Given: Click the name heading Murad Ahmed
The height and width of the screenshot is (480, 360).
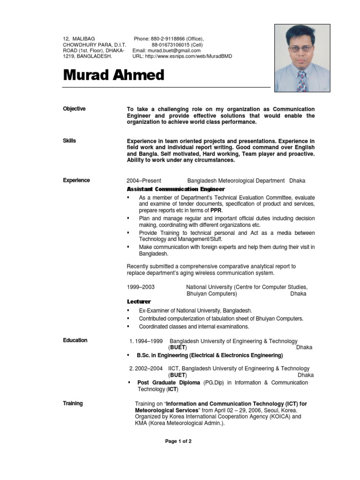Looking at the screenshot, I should point(114,75).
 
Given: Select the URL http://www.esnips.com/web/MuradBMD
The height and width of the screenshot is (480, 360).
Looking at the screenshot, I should point(188,56).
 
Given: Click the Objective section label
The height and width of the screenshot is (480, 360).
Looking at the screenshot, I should point(74,109).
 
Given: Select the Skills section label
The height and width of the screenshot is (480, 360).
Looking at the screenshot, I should point(69,141).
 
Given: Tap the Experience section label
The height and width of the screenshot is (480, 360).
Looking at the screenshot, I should point(76,180).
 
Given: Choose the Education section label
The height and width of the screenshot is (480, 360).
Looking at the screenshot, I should point(75,340).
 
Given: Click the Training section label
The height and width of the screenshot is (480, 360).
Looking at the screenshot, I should point(73,403).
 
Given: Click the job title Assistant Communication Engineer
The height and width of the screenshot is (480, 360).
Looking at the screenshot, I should point(172,189).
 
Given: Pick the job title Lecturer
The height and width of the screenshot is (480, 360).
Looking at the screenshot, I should point(139,302).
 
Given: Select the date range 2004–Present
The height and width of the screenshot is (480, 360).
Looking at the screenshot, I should point(144,180).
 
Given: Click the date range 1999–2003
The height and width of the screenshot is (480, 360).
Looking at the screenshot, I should point(141,286).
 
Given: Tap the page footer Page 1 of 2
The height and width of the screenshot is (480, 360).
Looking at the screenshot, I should point(178,441).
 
